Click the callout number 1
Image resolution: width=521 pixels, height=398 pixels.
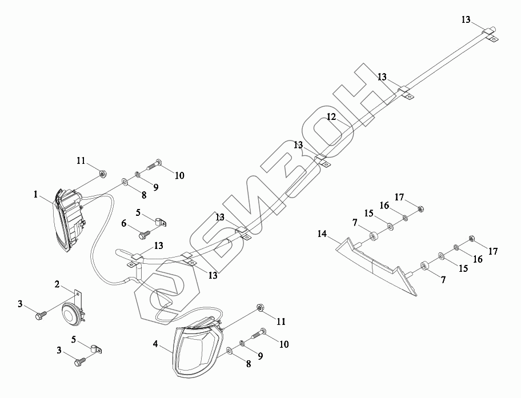[36, 195]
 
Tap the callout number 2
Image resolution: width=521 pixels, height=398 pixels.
[57, 284]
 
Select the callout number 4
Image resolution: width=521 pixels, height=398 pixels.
[155, 344]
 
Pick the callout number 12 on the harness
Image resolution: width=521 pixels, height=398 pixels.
[331, 117]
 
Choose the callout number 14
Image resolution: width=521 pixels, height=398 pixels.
[322, 233]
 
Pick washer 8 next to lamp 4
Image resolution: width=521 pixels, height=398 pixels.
[229, 350]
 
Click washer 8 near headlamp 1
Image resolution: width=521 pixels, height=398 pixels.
[124, 183]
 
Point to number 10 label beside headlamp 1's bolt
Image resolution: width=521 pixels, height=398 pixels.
[179, 175]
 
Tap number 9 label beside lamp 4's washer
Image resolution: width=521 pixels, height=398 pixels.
[260, 356]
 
